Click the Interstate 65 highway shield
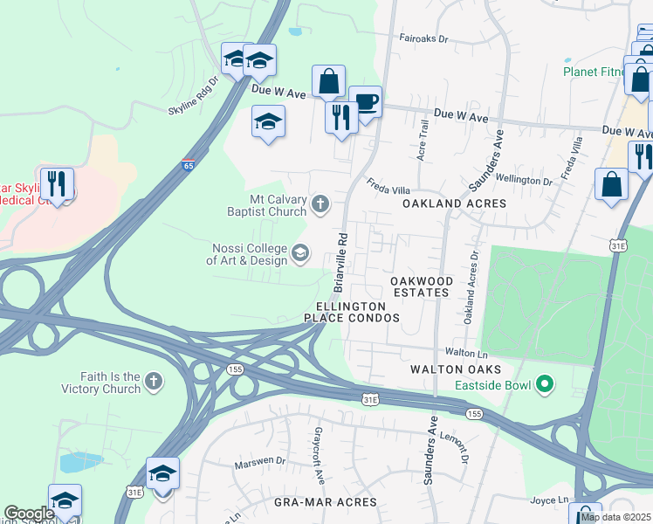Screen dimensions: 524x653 [188, 164]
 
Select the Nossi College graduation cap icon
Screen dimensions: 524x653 [300, 253]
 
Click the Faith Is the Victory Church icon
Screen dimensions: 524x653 [154, 381]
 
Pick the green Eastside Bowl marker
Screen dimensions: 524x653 [546, 383]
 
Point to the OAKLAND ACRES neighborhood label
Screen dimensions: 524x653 [454, 203]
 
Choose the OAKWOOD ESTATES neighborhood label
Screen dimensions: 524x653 [422, 286]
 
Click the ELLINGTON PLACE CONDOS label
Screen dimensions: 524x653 [351, 313]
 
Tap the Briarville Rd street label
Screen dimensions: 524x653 [340, 261]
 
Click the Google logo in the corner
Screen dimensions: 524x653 [30, 514]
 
